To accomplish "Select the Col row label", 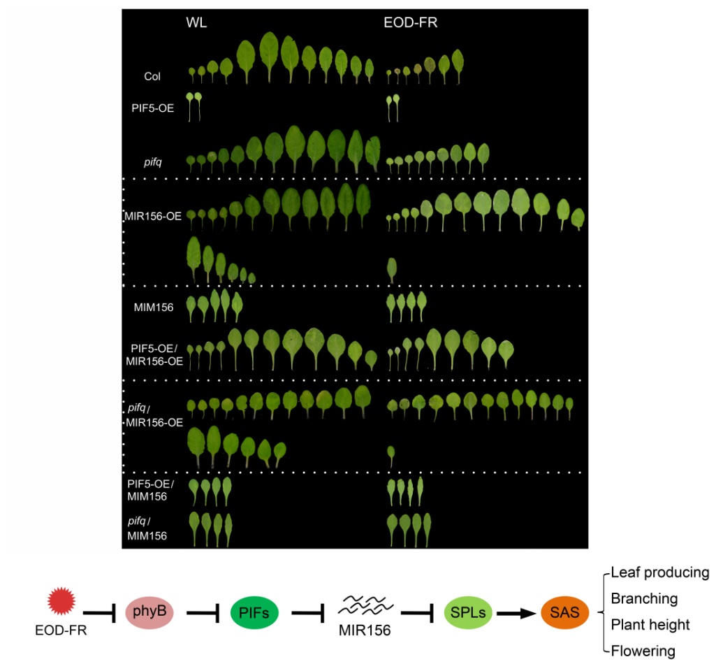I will click(x=152, y=76).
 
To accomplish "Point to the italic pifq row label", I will click(x=152, y=162).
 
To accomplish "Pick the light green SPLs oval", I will click(x=468, y=613).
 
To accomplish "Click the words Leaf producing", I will click(x=659, y=573).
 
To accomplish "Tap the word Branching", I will click(x=644, y=599).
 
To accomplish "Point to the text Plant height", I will click(x=650, y=625).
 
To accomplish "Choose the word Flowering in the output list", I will click(x=643, y=651).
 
